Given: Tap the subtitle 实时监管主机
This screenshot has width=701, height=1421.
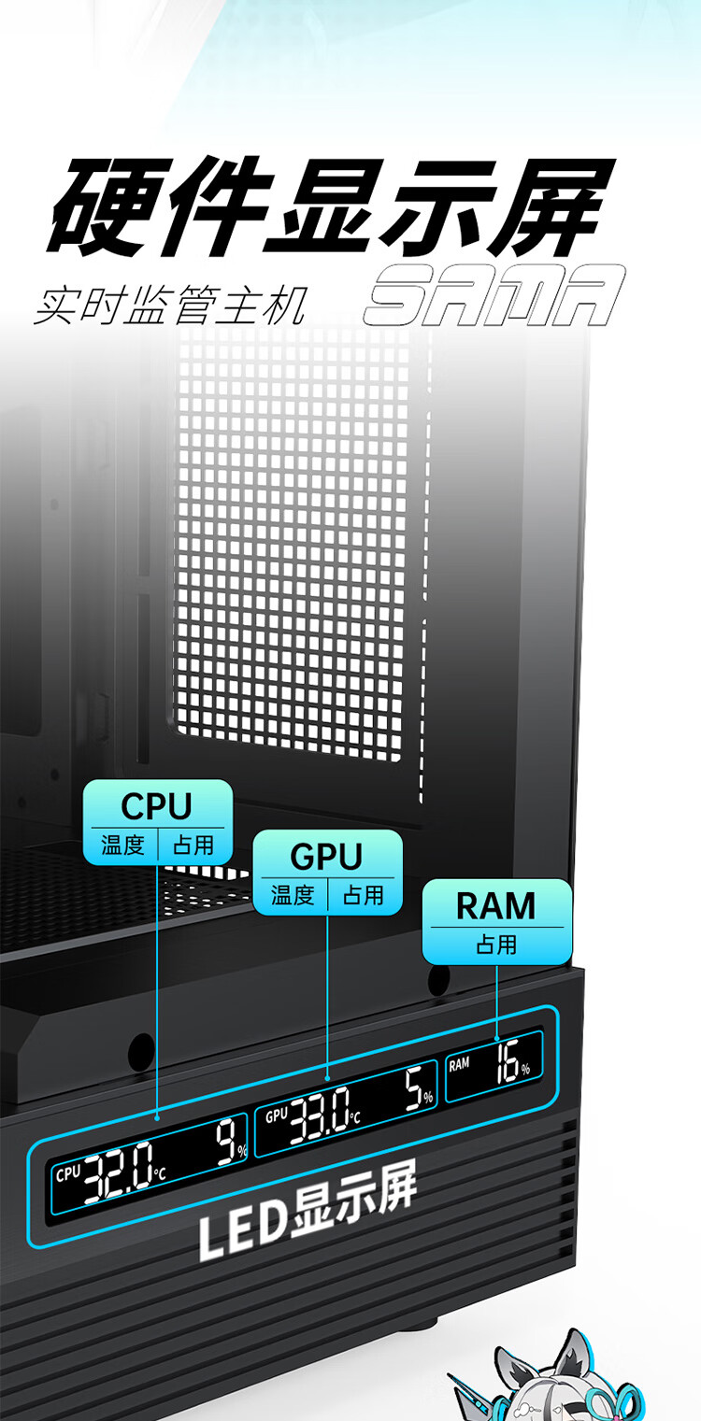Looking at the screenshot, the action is click(x=171, y=306).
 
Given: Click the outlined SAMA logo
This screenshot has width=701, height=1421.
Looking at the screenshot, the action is click(x=494, y=295).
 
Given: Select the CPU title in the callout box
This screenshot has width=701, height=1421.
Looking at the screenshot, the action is click(x=157, y=805).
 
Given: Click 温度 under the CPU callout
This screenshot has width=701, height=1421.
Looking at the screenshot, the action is click(x=122, y=845).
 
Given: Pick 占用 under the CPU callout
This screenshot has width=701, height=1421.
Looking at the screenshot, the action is click(x=193, y=845).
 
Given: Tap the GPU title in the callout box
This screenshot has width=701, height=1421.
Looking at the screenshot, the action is click(x=326, y=857).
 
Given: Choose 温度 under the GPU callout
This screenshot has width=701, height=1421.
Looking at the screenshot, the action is click(x=293, y=895).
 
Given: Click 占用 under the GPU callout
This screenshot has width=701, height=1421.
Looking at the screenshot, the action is click(x=364, y=895).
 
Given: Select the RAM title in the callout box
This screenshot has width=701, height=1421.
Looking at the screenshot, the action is click(x=496, y=905).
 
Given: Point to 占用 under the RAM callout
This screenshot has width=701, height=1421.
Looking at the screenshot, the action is click(x=496, y=944).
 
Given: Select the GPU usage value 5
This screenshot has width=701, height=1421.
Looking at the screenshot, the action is click(x=414, y=1089).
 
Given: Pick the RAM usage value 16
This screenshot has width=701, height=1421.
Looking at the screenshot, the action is click(x=508, y=1061).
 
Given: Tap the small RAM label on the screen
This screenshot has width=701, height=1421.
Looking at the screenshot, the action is click(x=459, y=1064).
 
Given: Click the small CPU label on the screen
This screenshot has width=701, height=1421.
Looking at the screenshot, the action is click(x=68, y=1174).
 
